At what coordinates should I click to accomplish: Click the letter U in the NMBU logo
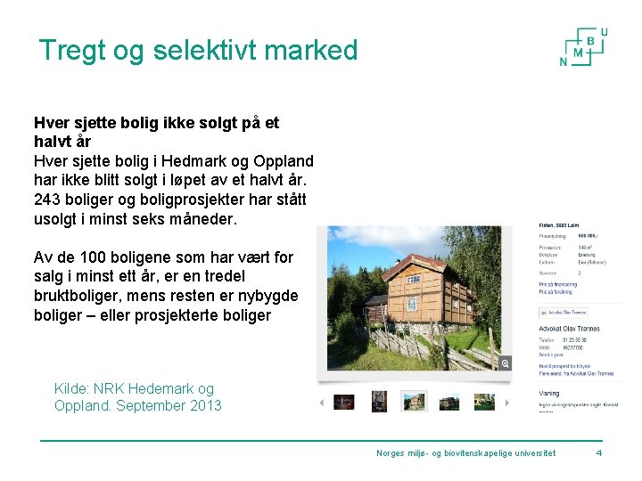tap(604, 32)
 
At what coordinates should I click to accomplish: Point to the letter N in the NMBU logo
tap(563, 61)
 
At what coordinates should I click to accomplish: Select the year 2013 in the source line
tap(204, 406)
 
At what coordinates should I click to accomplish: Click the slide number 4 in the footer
tap(598, 453)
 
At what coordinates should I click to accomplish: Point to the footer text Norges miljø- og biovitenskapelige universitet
tap(465, 453)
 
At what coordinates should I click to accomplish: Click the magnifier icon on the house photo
tap(506, 363)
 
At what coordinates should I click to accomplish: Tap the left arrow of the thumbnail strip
tap(322, 402)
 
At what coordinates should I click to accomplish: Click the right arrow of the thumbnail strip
tap(507, 402)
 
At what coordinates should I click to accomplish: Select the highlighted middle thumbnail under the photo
tap(414, 402)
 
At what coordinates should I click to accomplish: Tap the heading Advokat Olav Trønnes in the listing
tap(569, 329)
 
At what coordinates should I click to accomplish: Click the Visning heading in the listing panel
tap(550, 392)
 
